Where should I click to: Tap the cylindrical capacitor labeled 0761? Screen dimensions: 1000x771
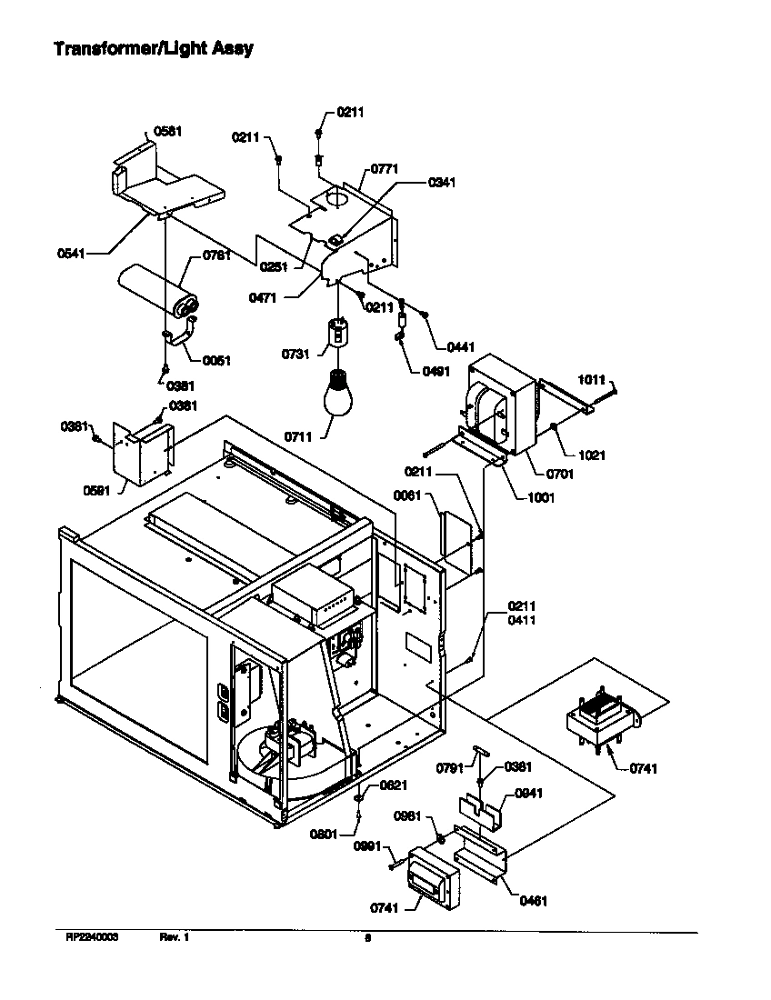[x=160, y=290]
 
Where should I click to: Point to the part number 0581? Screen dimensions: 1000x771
[x=168, y=131]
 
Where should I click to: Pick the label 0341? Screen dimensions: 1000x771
[x=442, y=182]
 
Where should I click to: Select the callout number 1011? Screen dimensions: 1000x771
[x=592, y=380]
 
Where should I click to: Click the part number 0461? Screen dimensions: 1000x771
[x=534, y=901]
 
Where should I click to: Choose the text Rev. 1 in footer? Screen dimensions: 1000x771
[x=174, y=937]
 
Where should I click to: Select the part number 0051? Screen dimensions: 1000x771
[x=216, y=360]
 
